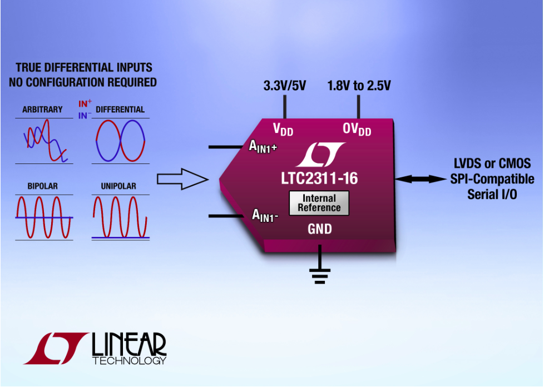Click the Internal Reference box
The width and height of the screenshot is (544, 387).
coord(319,203)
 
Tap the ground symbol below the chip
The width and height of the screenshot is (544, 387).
coord(319,274)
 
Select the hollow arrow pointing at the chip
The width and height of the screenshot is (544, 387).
coord(182,179)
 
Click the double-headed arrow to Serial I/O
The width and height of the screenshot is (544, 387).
coord(421,179)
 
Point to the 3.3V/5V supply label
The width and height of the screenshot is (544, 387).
coord(284,86)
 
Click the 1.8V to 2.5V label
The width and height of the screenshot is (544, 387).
coord(359,86)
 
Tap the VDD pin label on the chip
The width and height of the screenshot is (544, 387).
coord(283,130)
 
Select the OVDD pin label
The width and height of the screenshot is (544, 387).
coord(357,130)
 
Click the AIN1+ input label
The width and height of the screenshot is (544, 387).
coord(263,147)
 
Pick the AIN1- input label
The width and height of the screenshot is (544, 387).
coord(265,215)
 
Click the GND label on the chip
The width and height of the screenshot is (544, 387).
coord(319,229)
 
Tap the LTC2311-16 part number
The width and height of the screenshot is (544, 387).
coord(319,178)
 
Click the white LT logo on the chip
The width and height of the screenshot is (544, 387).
coord(320,155)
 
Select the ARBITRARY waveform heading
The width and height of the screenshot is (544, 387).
coord(42,110)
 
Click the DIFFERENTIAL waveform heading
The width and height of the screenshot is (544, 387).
coord(120,110)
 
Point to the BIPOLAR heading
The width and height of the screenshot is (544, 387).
coord(43,186)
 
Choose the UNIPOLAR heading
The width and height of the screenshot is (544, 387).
coord(118,186)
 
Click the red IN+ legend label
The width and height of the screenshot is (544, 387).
coord(85,103)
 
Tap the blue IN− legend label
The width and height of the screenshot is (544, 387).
coord(85,116)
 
